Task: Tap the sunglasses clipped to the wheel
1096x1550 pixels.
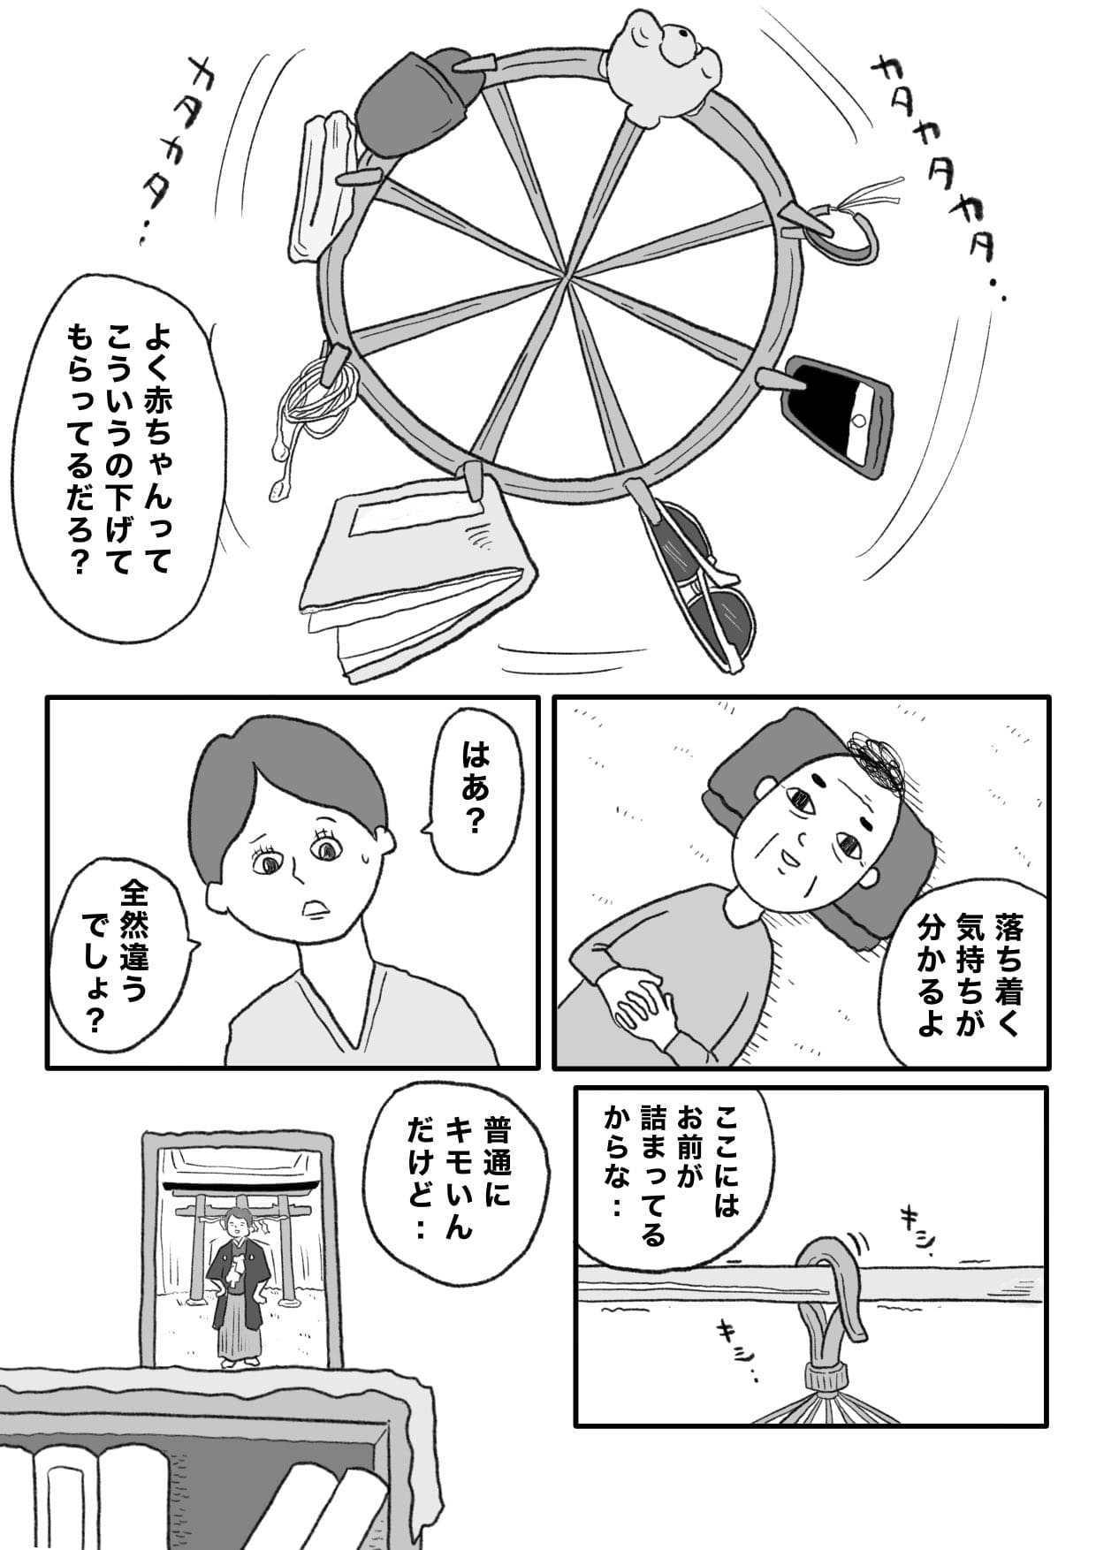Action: click(x=703, y=579)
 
